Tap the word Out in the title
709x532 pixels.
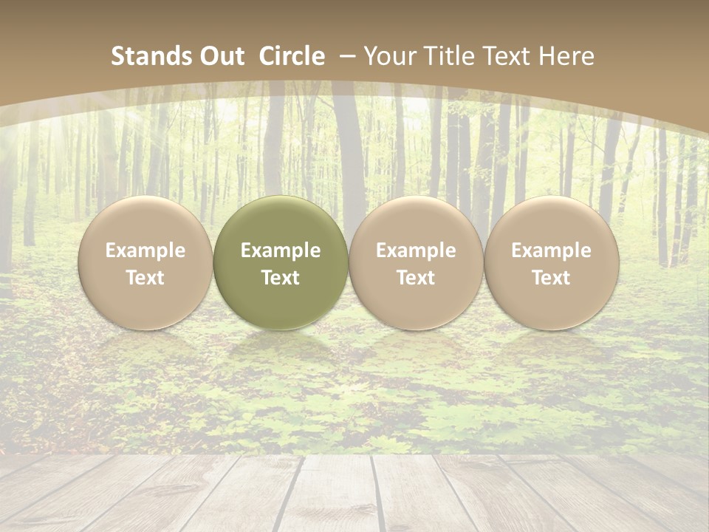coord(222,56)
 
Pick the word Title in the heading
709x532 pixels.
coord(449,56)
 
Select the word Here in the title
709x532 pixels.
coord(568,56)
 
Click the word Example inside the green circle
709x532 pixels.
coord(281,250)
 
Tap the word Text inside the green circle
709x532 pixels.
coord(281,278)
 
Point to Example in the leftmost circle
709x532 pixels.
coord(145,250)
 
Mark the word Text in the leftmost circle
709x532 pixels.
coord(145,278)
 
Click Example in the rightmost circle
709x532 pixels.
coord(552,250)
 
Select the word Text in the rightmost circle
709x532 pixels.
coord(552,278)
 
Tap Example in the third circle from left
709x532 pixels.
coord(416,250)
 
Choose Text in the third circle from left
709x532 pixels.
coord(416,278)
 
